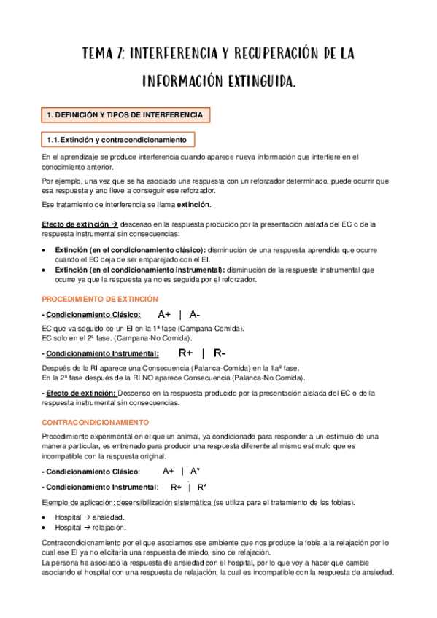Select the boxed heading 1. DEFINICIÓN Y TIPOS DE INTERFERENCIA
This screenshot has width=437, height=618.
click(125, 115)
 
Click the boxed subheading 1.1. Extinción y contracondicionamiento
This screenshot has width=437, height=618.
click(117, 139)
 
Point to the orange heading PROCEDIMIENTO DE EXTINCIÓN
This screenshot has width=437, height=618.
click(99, 300)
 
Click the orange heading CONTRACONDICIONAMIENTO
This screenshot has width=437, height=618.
click(96, 422)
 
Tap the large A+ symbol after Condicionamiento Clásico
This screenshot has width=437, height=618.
click(164, 315)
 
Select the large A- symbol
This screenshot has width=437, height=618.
click(194, 315)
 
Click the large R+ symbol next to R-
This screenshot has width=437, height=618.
click(185, 353)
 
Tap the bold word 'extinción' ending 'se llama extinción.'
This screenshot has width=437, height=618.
click(193, 204)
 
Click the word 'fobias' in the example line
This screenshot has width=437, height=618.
click(340, 504)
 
